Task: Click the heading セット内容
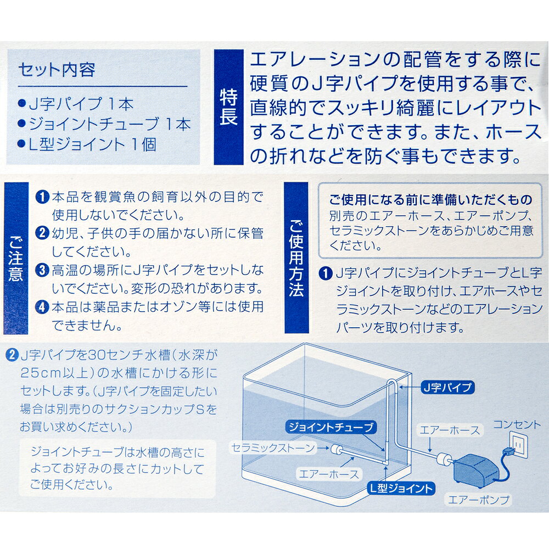[x=57, y=70]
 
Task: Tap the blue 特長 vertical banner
[x=228, y=108]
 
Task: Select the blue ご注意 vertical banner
[x=15, y=258]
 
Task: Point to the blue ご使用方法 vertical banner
[x=296, y=258]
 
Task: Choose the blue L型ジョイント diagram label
[x=400, y=488]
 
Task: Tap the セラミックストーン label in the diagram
[x=272, y=448]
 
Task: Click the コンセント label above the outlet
[x=517, y=424]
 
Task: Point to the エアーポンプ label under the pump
[x=479, y=500]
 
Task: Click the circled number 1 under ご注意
[x=42, y=197]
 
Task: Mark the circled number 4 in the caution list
[x=42, y=306]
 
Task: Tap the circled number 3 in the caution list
[x=42, y=270]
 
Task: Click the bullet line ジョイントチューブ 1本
[x=104, y=124]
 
